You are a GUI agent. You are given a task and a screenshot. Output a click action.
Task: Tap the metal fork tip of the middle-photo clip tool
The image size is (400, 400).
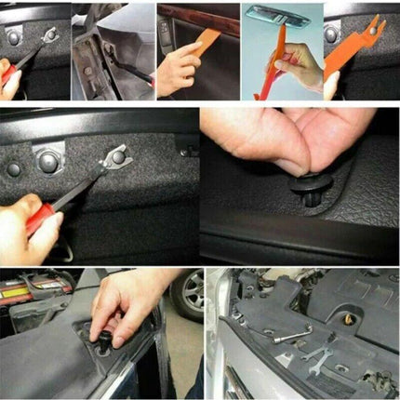(116, 157)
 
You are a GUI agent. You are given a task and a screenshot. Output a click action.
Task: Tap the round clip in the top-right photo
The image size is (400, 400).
(331, 33)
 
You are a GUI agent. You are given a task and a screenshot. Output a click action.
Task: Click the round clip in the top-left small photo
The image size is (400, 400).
(14, 37)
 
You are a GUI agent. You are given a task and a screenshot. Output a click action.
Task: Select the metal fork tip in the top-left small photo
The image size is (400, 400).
(49, 36)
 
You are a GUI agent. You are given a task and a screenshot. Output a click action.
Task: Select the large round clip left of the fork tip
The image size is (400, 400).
(49, 162)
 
